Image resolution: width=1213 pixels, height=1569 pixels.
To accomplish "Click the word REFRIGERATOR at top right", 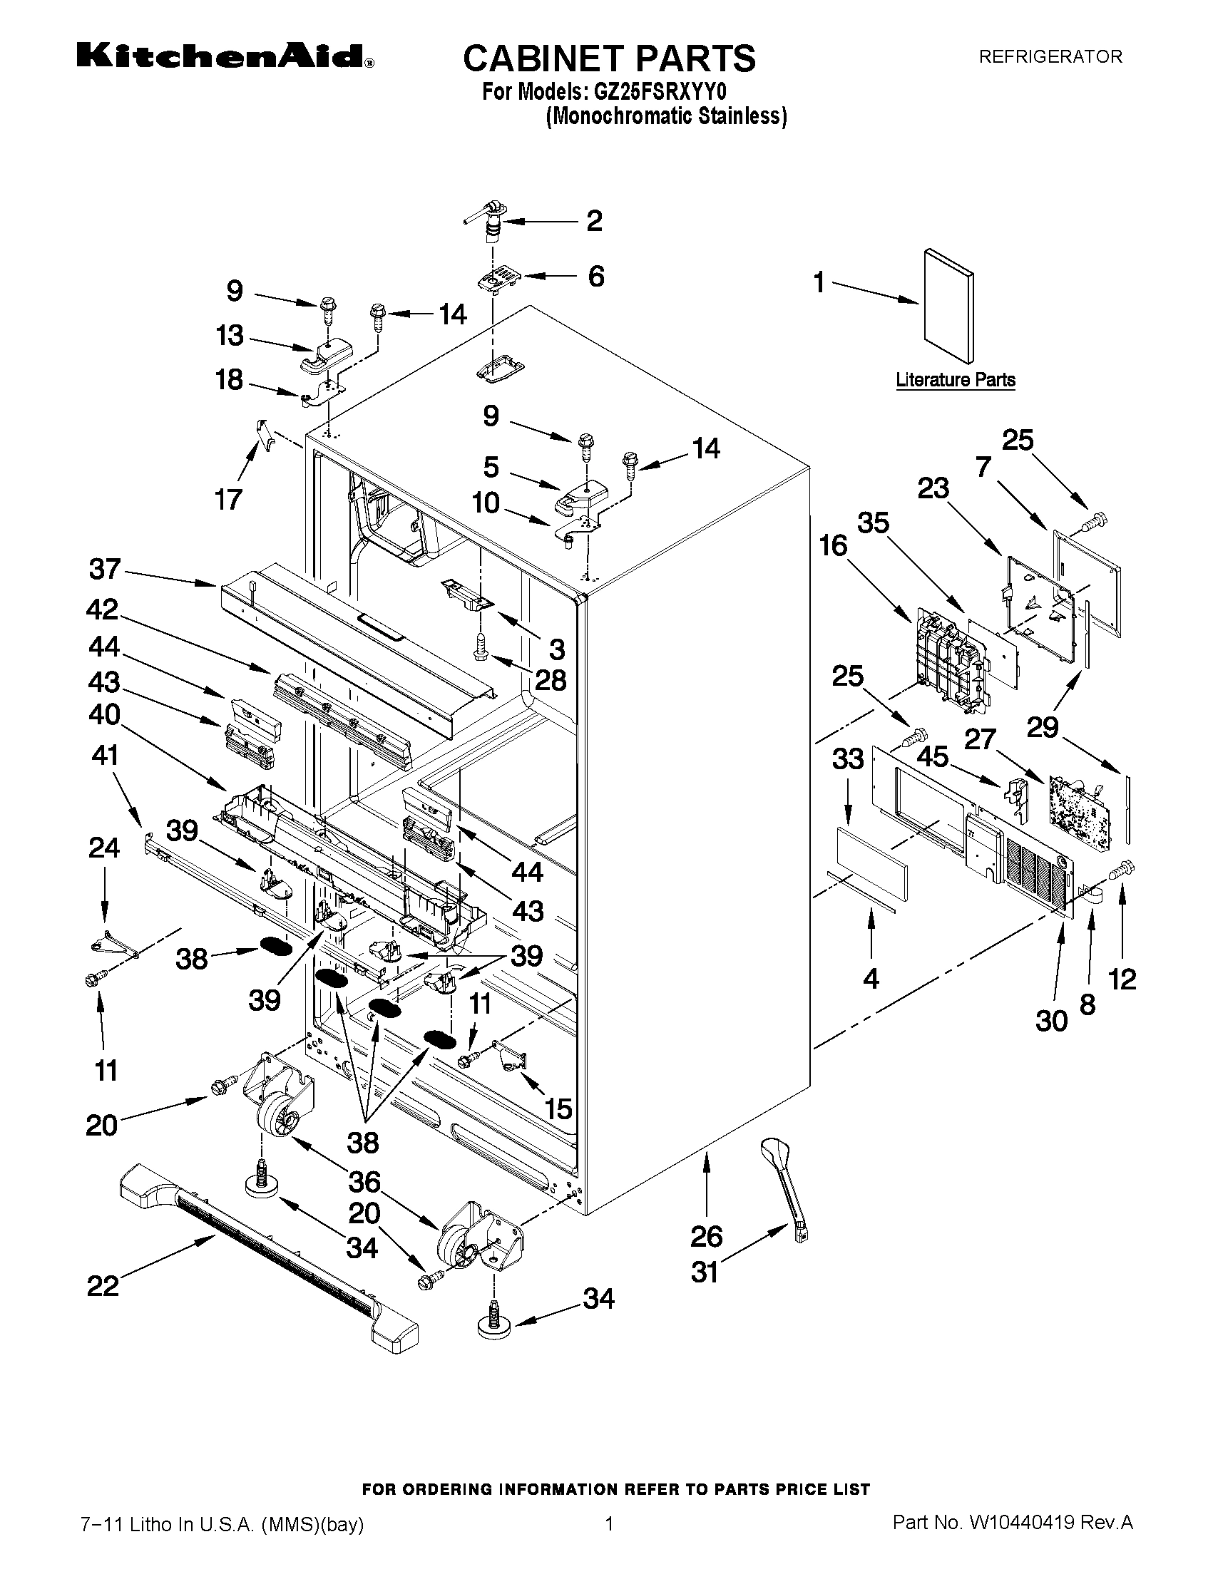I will [1050, 57].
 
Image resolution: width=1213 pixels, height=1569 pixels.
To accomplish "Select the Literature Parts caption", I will [955, 380].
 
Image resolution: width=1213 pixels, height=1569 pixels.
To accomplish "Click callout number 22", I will [102, 1285].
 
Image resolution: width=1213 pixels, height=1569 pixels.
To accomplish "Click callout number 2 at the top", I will [594, 220].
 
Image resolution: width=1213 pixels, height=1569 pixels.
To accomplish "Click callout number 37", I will [105, 569].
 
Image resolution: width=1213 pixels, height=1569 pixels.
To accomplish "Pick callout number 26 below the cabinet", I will [707, 1235].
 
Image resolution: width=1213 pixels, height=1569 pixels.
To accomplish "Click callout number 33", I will [847, 758].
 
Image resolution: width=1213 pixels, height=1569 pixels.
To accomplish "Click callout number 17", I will [229, 498].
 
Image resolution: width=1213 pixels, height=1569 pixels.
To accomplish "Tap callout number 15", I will [558, 1108].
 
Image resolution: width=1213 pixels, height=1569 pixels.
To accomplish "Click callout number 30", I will [1052, 1020].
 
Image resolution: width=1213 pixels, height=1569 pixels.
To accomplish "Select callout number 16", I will [834, 546].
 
